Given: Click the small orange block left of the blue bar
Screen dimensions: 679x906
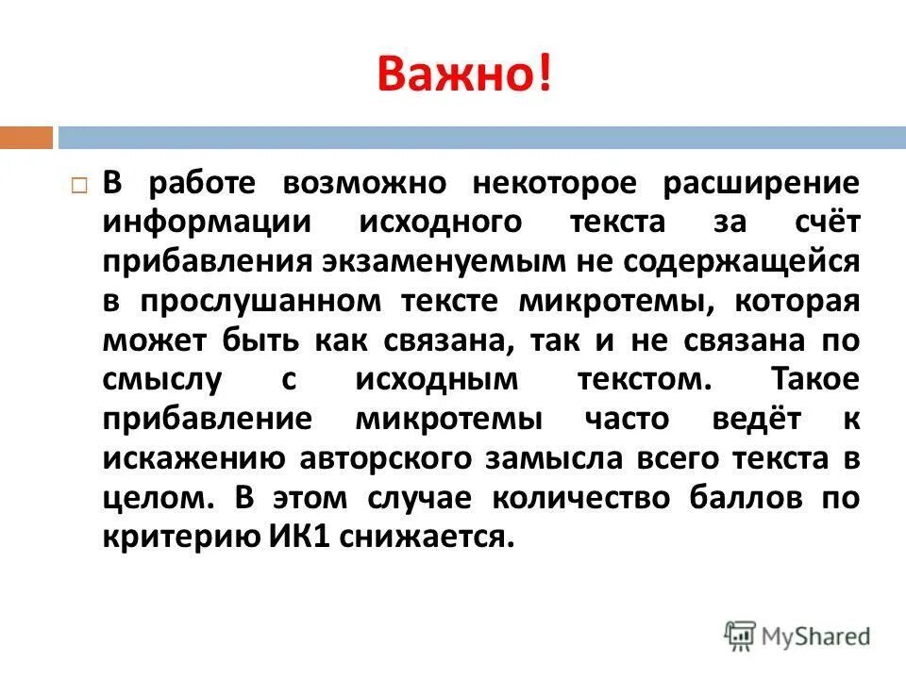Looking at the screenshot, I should (25, 138).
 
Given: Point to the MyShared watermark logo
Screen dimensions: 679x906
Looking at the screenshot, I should (797, 635).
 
